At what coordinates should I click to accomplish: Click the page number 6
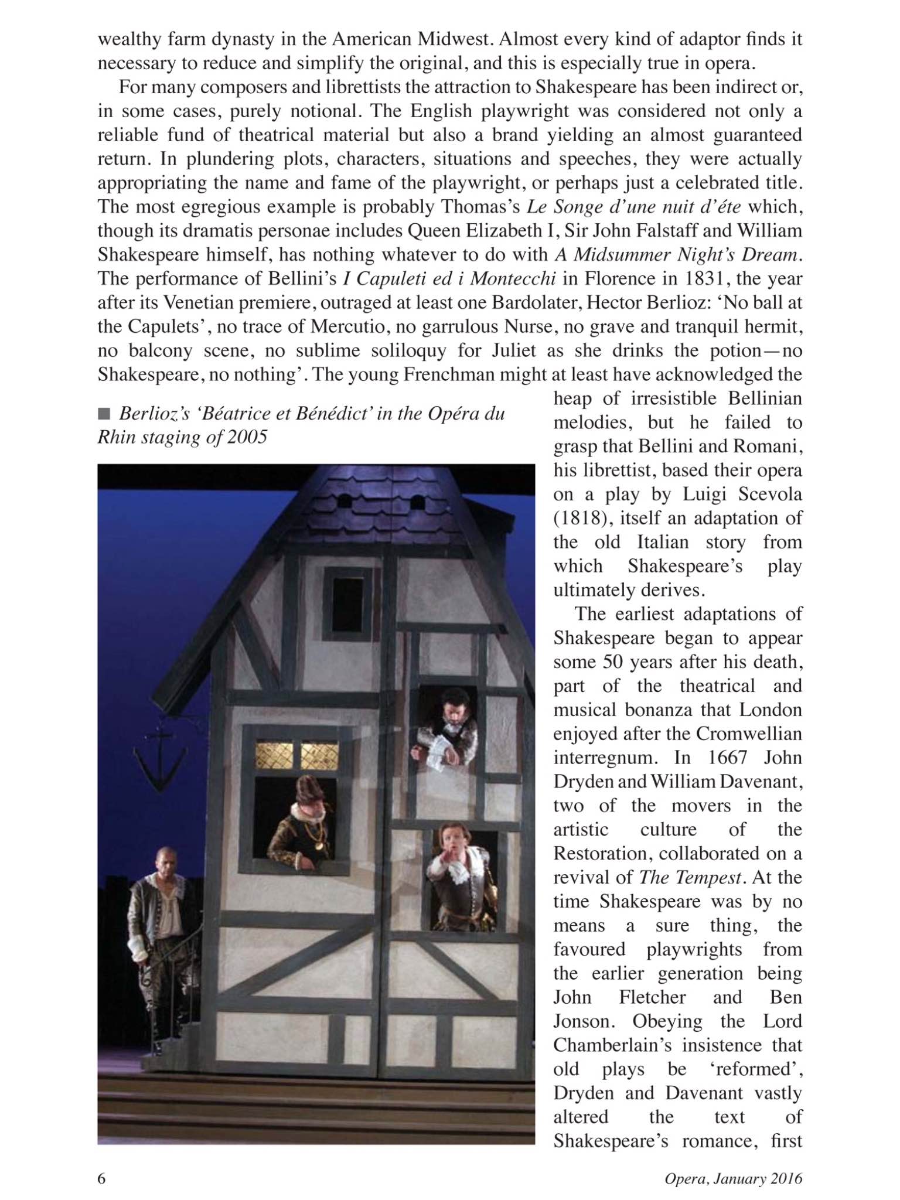101,1178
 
